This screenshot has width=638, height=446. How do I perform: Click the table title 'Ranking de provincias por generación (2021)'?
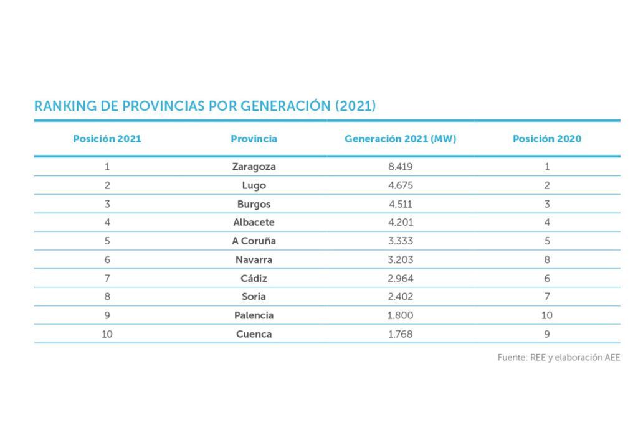point(205,106)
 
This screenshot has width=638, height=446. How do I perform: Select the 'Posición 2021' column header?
point(107,139)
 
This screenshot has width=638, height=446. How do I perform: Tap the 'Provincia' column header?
point(254,139)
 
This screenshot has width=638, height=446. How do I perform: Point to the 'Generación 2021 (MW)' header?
point(400,139)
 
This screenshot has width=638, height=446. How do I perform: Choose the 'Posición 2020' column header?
point(546,139)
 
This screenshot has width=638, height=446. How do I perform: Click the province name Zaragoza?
point(254,167)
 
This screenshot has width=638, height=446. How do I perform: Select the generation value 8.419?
point(400,167)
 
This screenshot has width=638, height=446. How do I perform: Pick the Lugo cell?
point(254,185)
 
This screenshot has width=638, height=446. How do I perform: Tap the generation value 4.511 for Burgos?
point(400,204)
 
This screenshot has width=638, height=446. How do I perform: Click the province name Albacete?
point(254,222)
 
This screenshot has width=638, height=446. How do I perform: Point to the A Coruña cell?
point(254,241)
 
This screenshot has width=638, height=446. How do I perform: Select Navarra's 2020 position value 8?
point(546,259)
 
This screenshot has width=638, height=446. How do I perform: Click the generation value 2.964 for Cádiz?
point(400,278)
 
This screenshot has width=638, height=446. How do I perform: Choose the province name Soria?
point(254,297)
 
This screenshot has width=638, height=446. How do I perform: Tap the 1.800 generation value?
point(400,315)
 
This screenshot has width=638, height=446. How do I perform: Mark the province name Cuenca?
point(254,334)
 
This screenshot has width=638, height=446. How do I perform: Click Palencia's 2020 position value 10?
point(546,315)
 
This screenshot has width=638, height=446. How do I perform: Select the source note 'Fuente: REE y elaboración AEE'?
point(558,358)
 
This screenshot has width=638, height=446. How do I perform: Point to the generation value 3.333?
point(400,241)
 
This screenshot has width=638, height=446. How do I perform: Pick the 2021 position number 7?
point(107,278)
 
